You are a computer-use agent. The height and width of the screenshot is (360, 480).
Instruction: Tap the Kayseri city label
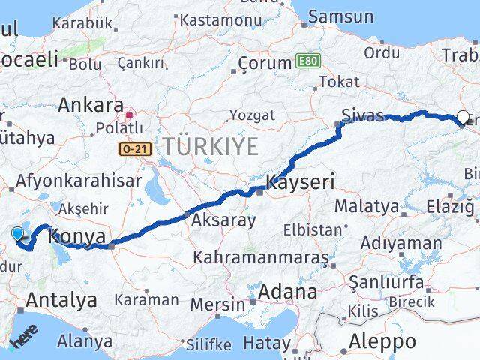(300, 181)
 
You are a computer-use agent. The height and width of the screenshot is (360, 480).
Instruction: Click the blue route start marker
(18, 234)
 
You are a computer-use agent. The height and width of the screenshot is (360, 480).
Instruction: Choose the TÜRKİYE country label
(211, 146)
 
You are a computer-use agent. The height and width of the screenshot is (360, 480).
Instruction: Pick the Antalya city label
(61, 300)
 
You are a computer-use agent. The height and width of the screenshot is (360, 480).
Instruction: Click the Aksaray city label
(223, 221)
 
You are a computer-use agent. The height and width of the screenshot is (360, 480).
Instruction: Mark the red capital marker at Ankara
(129, 115)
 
